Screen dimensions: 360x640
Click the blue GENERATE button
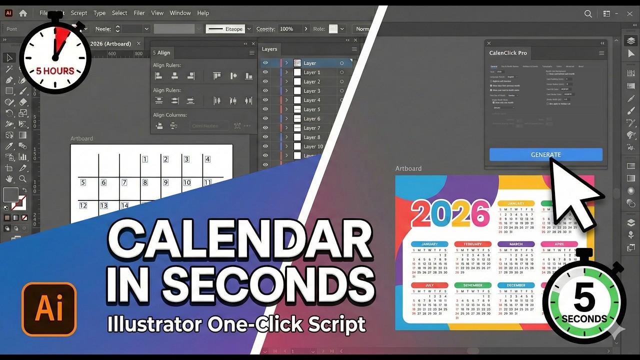coord(545,154)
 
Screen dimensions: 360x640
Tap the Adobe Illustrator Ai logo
coord(49,309)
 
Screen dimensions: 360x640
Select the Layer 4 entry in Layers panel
coord(311,100)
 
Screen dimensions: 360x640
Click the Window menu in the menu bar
coord(180,13)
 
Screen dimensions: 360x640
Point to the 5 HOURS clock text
coord(55,71)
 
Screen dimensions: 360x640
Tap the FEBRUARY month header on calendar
coord(472,244)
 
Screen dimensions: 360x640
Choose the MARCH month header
coord(515,244)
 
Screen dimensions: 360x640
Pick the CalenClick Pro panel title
coord(508,53)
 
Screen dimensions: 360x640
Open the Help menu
coord(203,13)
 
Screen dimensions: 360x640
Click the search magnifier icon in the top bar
coord(588,13)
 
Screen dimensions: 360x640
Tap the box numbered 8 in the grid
coord(145,182)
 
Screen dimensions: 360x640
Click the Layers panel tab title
coord(269,49)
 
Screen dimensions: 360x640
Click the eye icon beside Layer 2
coord(265,81)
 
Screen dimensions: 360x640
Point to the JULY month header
coord(429,285)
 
